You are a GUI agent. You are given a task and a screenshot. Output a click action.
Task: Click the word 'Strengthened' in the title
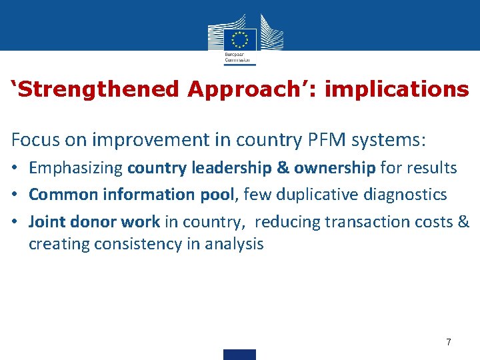pyautogui.click(x=97, y=89)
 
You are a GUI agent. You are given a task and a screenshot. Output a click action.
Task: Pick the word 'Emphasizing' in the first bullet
pyautogui.click(x=76, y=168)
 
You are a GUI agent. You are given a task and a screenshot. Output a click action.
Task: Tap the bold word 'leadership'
pyautogui.click(x=233, y=168)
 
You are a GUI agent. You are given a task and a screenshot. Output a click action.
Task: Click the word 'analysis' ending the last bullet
pyautogui.click(x=233, y=244)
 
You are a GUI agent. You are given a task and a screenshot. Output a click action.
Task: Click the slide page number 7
pyautogui.click(x=449, y=342)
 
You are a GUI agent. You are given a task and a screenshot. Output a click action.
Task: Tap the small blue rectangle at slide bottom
pyautogui.click(x=239, y=355)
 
